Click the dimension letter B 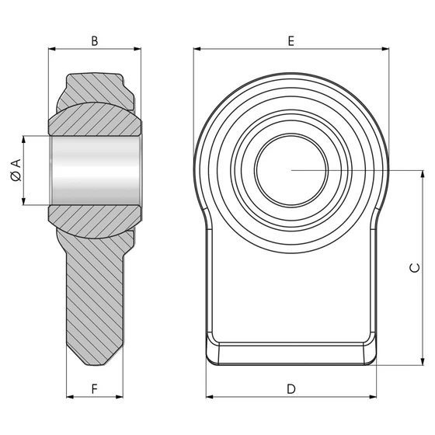point(94,40)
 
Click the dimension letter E point(291,40)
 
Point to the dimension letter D point(291,388)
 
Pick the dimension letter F point(94,388)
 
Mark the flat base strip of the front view point(291,352)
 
